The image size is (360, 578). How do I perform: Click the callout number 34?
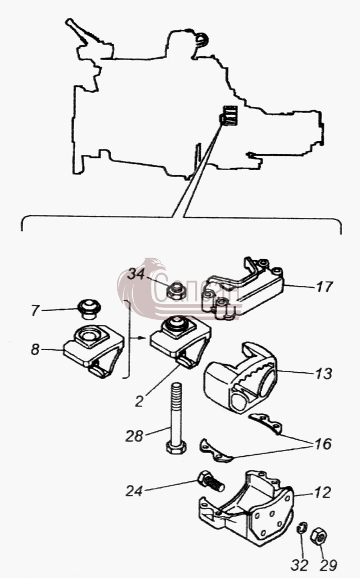(x=136, y=275)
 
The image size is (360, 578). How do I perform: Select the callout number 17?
(x=325, y=286)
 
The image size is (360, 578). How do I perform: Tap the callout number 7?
(x=35, y=311)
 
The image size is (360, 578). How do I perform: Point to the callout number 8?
(x=34, y=350)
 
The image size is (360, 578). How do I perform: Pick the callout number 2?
(x=139, y=402)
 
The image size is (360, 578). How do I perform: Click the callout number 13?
(x=324, y=373)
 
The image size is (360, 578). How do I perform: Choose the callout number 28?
(x=134, y=436)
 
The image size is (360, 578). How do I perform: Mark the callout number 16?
(x=323, y=444)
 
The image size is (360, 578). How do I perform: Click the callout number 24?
(x=134, y=491)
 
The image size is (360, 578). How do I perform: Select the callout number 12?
(x=322, y=493)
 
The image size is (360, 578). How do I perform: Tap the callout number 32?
(x=299, y=565)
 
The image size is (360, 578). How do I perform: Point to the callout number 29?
(x=328, y=565)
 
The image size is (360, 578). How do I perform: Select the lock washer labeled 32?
(x=301, y=528)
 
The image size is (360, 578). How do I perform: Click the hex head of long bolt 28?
(x=176, y=447)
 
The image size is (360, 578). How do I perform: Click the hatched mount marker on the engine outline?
(x=229, y=115)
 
